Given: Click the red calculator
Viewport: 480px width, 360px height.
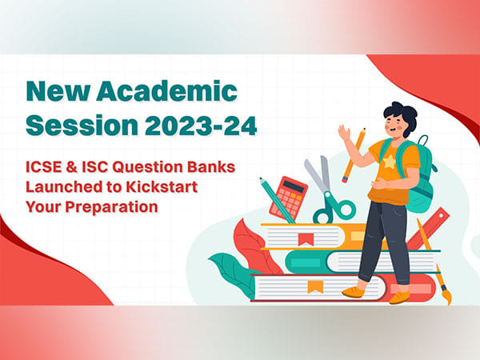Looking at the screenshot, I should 288,197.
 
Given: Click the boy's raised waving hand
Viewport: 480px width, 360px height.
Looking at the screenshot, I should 345,134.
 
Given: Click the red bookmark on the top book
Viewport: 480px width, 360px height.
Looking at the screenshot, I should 304,238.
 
